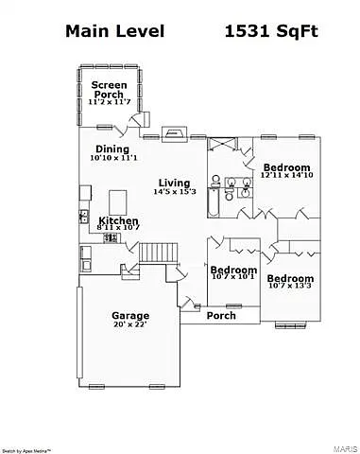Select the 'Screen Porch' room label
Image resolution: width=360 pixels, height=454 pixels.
pos(108,89)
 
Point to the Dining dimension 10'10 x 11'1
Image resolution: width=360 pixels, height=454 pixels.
pos(115,159)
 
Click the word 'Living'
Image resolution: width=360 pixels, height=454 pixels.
pos(174,183)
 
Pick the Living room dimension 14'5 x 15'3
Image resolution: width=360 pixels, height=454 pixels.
pos(174,192)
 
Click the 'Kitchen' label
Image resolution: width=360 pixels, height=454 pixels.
pos(118,219)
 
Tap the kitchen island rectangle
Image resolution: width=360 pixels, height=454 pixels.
pos(119,201)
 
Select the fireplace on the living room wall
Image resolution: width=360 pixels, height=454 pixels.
pos(176,135)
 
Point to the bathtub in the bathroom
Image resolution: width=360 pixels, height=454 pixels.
pos(214,202)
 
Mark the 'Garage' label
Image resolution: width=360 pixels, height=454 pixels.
pos(130,315)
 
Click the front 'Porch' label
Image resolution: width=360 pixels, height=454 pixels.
pos(221,315)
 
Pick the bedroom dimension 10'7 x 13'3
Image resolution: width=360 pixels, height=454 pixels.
pos(289,288)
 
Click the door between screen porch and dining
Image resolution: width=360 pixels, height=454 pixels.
pos(138,120)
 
